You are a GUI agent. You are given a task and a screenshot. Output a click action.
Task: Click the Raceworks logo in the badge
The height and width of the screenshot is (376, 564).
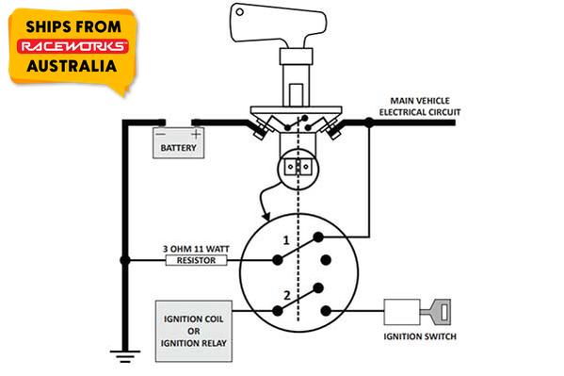pyautogui.click(x=73, y=46)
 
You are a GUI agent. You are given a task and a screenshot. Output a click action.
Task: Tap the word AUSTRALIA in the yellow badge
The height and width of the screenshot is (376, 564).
pyautogui.click(x=72, y=66)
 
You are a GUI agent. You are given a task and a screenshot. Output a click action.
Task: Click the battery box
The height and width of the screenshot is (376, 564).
pyautogui.click(x=178, y=143)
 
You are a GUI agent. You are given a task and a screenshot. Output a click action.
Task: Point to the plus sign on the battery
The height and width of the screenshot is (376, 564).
pyautogui.click(x=196, y=135)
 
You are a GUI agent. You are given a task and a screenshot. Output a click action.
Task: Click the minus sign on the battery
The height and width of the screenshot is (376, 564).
pyautogui.click(x=161, y=134)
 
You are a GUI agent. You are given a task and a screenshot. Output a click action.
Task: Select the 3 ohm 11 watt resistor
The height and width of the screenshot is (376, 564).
pyautogui.click(x=197, y=260)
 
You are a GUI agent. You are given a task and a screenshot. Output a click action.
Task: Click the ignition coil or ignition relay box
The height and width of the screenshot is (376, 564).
pyautogui.click(x=194, y=331)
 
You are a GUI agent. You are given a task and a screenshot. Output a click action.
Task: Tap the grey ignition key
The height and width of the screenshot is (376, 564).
pyautogui.click(x=436, y=312)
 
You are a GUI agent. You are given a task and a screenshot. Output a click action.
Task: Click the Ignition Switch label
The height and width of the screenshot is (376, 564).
pyautogui.click(x=420, y=336)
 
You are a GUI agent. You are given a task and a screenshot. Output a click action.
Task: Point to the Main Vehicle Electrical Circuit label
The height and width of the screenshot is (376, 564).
pyautogui.click(x=420, y=106)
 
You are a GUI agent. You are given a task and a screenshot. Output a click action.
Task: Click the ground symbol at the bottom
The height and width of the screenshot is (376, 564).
pyautogui.click(x=125, y=356)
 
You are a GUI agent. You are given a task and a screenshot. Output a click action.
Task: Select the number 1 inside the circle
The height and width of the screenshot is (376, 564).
pyautogui.click(x=286, y=240)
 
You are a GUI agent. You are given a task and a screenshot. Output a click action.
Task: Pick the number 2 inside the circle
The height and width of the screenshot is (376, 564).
pyautogui.click(x=286, y=295)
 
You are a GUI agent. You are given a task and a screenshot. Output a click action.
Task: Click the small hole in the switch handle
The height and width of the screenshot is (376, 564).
pyautogui.click(x=239, y=12)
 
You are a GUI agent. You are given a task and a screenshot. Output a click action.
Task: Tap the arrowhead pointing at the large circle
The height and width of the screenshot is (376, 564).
pyautogui.click(x=266, y=216)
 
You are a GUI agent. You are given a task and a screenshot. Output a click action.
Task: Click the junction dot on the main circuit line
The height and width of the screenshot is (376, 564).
pyautogui.click(x=369, y=123)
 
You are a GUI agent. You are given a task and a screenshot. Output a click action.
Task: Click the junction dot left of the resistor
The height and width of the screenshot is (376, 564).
pyautogui.click(x=125, y=260)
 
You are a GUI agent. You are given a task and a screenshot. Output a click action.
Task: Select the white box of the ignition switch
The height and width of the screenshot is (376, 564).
pyautogui.click(x=402, y=312)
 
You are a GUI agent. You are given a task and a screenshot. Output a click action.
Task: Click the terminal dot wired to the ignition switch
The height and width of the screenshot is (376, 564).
pyautogui.click(x=326, y=310)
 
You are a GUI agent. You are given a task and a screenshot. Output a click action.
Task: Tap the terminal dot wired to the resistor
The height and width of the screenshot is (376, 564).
pyautogui.click(x=278, y=260)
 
